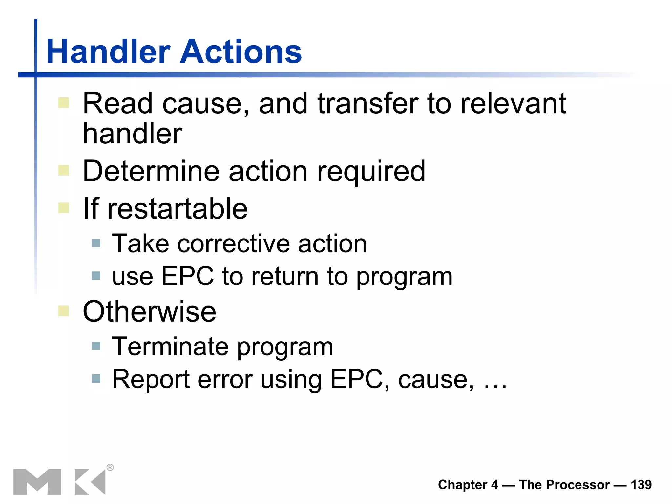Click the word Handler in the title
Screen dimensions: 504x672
[109, 52]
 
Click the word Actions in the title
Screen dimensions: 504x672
[241, 52]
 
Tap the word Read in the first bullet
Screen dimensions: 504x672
[118, 104]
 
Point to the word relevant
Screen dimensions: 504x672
[514, 104]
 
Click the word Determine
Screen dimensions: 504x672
[151, 171]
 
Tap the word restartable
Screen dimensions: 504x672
[178, 209]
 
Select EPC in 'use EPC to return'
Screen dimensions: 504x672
[188, 276]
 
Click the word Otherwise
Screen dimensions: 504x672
[150, 312]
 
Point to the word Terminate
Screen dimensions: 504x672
[170, 346]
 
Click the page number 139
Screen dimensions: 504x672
[641, 485]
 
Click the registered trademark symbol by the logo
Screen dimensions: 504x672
[110, 467]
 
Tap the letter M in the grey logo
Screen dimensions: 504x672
[37, 482]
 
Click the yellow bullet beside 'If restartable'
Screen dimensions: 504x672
[64, 208]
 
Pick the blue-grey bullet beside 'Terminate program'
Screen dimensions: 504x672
[96, 346]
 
